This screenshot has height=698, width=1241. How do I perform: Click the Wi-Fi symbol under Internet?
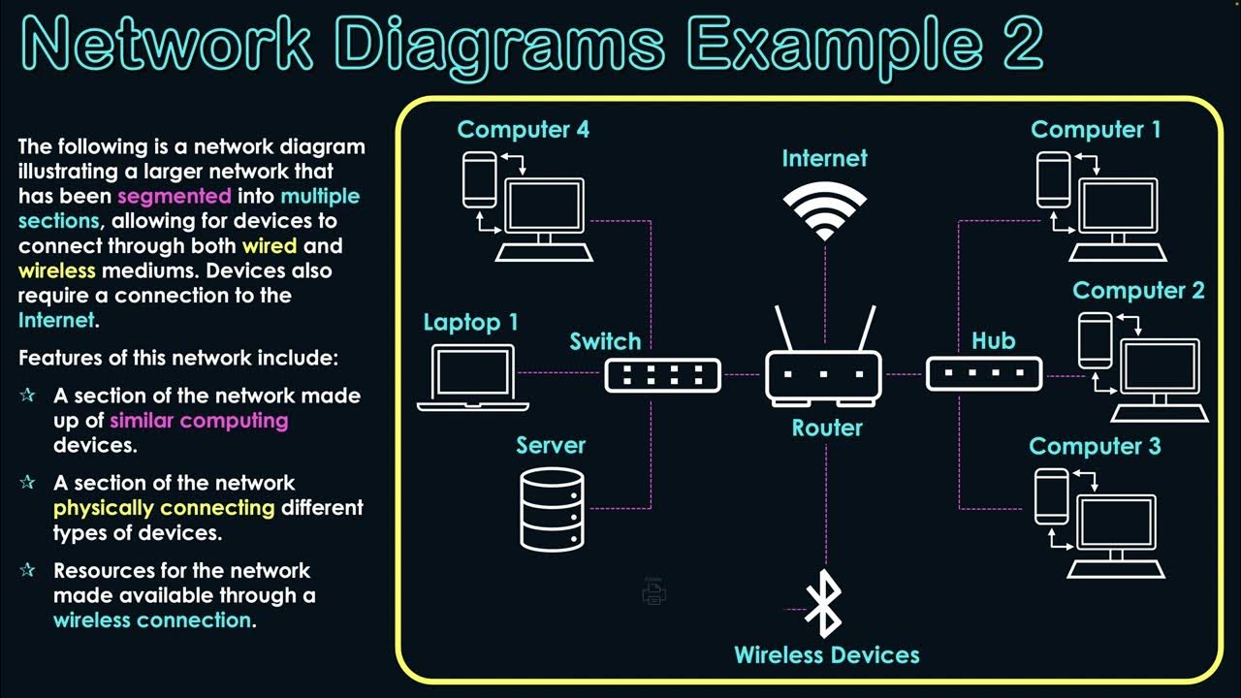point(825,212)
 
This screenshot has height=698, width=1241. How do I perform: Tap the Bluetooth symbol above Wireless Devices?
point(825,604)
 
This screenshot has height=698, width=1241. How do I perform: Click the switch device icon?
point(663,374)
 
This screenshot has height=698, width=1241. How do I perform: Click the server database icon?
point(552,509)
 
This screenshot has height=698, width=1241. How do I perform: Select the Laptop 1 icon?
point(473,377)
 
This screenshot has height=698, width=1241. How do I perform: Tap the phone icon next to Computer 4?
point(478,178)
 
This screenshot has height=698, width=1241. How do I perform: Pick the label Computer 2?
point(1138,291)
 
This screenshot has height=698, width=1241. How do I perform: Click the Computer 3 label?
point(1095,446)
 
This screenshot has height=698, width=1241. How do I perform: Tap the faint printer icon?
point(654,592)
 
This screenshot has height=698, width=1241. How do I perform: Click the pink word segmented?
point(175,197)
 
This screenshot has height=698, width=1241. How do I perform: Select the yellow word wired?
point(270,246)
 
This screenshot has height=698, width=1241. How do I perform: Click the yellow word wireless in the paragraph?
point(57,271)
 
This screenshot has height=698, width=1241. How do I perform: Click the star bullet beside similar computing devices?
point(27,396)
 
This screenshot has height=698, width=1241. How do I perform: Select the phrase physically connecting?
point(164,508)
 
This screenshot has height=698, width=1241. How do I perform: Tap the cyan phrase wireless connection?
point(152,620)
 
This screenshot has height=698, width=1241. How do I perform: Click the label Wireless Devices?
point(826,655)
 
